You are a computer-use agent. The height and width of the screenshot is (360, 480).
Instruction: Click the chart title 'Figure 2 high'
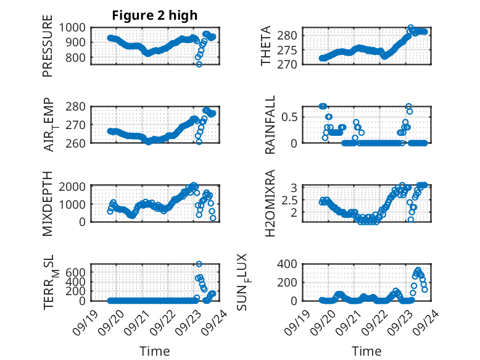pyautogui.click(x=155, y=15)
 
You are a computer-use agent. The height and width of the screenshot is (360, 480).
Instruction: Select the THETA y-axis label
pyautogui.click(x=266, y=46)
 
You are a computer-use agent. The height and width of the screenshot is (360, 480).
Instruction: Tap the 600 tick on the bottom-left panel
pyautogui.click(x=79, y=272)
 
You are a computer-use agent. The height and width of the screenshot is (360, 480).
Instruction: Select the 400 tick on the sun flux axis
pyautogui.click(x=293, y=265)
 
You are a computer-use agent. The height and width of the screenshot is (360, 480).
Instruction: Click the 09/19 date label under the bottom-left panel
pyautogui.click(x=86, y=317)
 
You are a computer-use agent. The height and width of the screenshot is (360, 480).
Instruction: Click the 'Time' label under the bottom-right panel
pyautogui.click(x=366, y=351)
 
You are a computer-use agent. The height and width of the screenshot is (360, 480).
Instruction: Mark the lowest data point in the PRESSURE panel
pyautogui.click(x=199, y=64)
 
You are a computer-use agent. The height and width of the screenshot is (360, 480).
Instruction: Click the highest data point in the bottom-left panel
pyautogui.click(x=199, y=264)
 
